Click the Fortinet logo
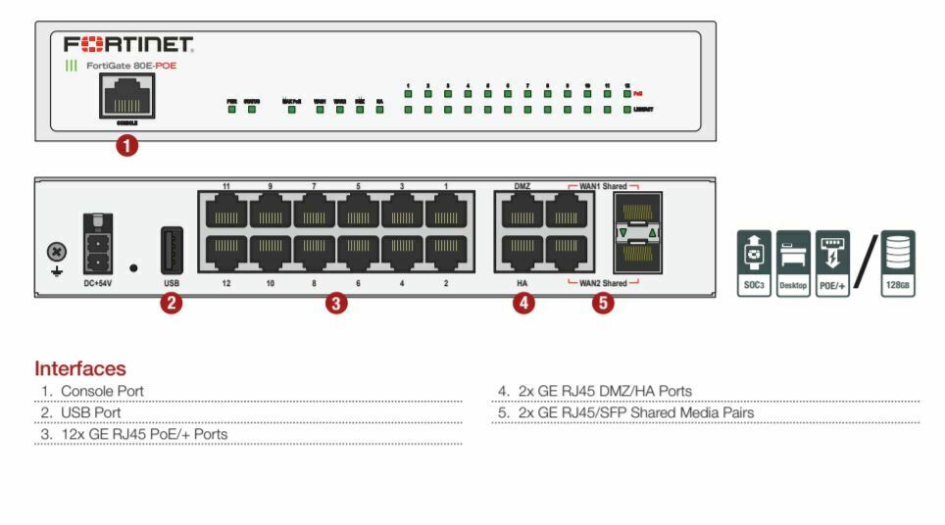coord(128,45)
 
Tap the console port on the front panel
coord(126,97)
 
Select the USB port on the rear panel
coord(172,250)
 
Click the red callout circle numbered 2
coord(172,303)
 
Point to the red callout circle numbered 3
coord(336,303)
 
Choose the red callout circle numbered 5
coord(603,303)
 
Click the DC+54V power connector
coord(98,243)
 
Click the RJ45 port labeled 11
coord(226,211)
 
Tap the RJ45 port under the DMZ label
coord(522,211)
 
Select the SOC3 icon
coord(753,262)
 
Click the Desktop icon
coord(792,262)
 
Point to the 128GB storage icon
coord(897,262)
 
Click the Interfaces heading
coord(80,369)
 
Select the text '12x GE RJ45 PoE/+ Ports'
coord(144,434)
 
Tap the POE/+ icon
coord(832,262)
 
